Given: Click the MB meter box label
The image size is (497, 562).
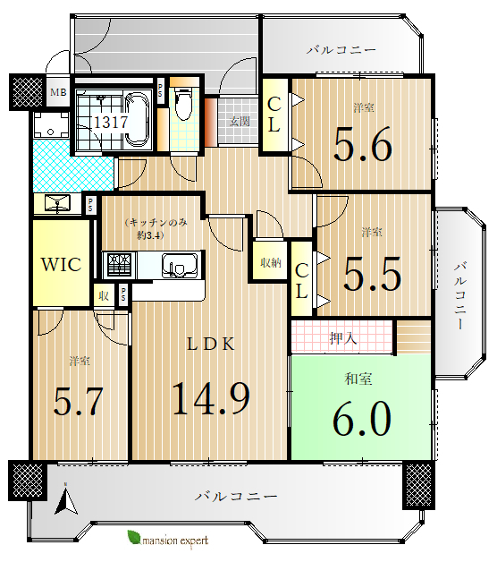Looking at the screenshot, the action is coord(58,92).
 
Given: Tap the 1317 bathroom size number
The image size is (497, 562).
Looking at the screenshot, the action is coord(111,123).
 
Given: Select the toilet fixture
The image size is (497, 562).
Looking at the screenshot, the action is coord(184,103).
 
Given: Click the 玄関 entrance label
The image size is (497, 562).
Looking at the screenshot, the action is coord(240,122).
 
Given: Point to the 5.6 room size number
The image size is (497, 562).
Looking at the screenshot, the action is coord(363,144).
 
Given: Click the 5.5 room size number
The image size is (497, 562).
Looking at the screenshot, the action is coord(372,274).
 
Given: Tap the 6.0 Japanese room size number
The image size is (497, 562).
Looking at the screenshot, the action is coord(362,418).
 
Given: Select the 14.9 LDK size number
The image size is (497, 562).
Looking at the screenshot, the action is coord(211,398).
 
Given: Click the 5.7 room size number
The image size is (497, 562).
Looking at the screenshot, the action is coord(78,401).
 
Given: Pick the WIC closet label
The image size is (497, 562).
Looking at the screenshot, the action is coord(61,265).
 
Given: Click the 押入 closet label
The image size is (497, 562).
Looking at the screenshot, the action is coord(343,338).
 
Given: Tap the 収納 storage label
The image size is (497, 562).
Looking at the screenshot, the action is coord(271,263).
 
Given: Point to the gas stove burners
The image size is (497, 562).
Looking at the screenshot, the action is coord(120,265).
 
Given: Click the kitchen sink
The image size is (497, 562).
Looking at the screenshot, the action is coord(180,266).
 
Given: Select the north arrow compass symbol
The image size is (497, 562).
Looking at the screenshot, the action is coord(65,500).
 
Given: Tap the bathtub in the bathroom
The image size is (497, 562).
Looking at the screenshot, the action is coord(137,120).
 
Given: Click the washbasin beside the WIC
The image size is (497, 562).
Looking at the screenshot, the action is coord(57,203).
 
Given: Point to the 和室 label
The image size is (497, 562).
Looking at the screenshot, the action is coord(358,379).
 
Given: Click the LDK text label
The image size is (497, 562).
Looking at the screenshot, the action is coord(211,345).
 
